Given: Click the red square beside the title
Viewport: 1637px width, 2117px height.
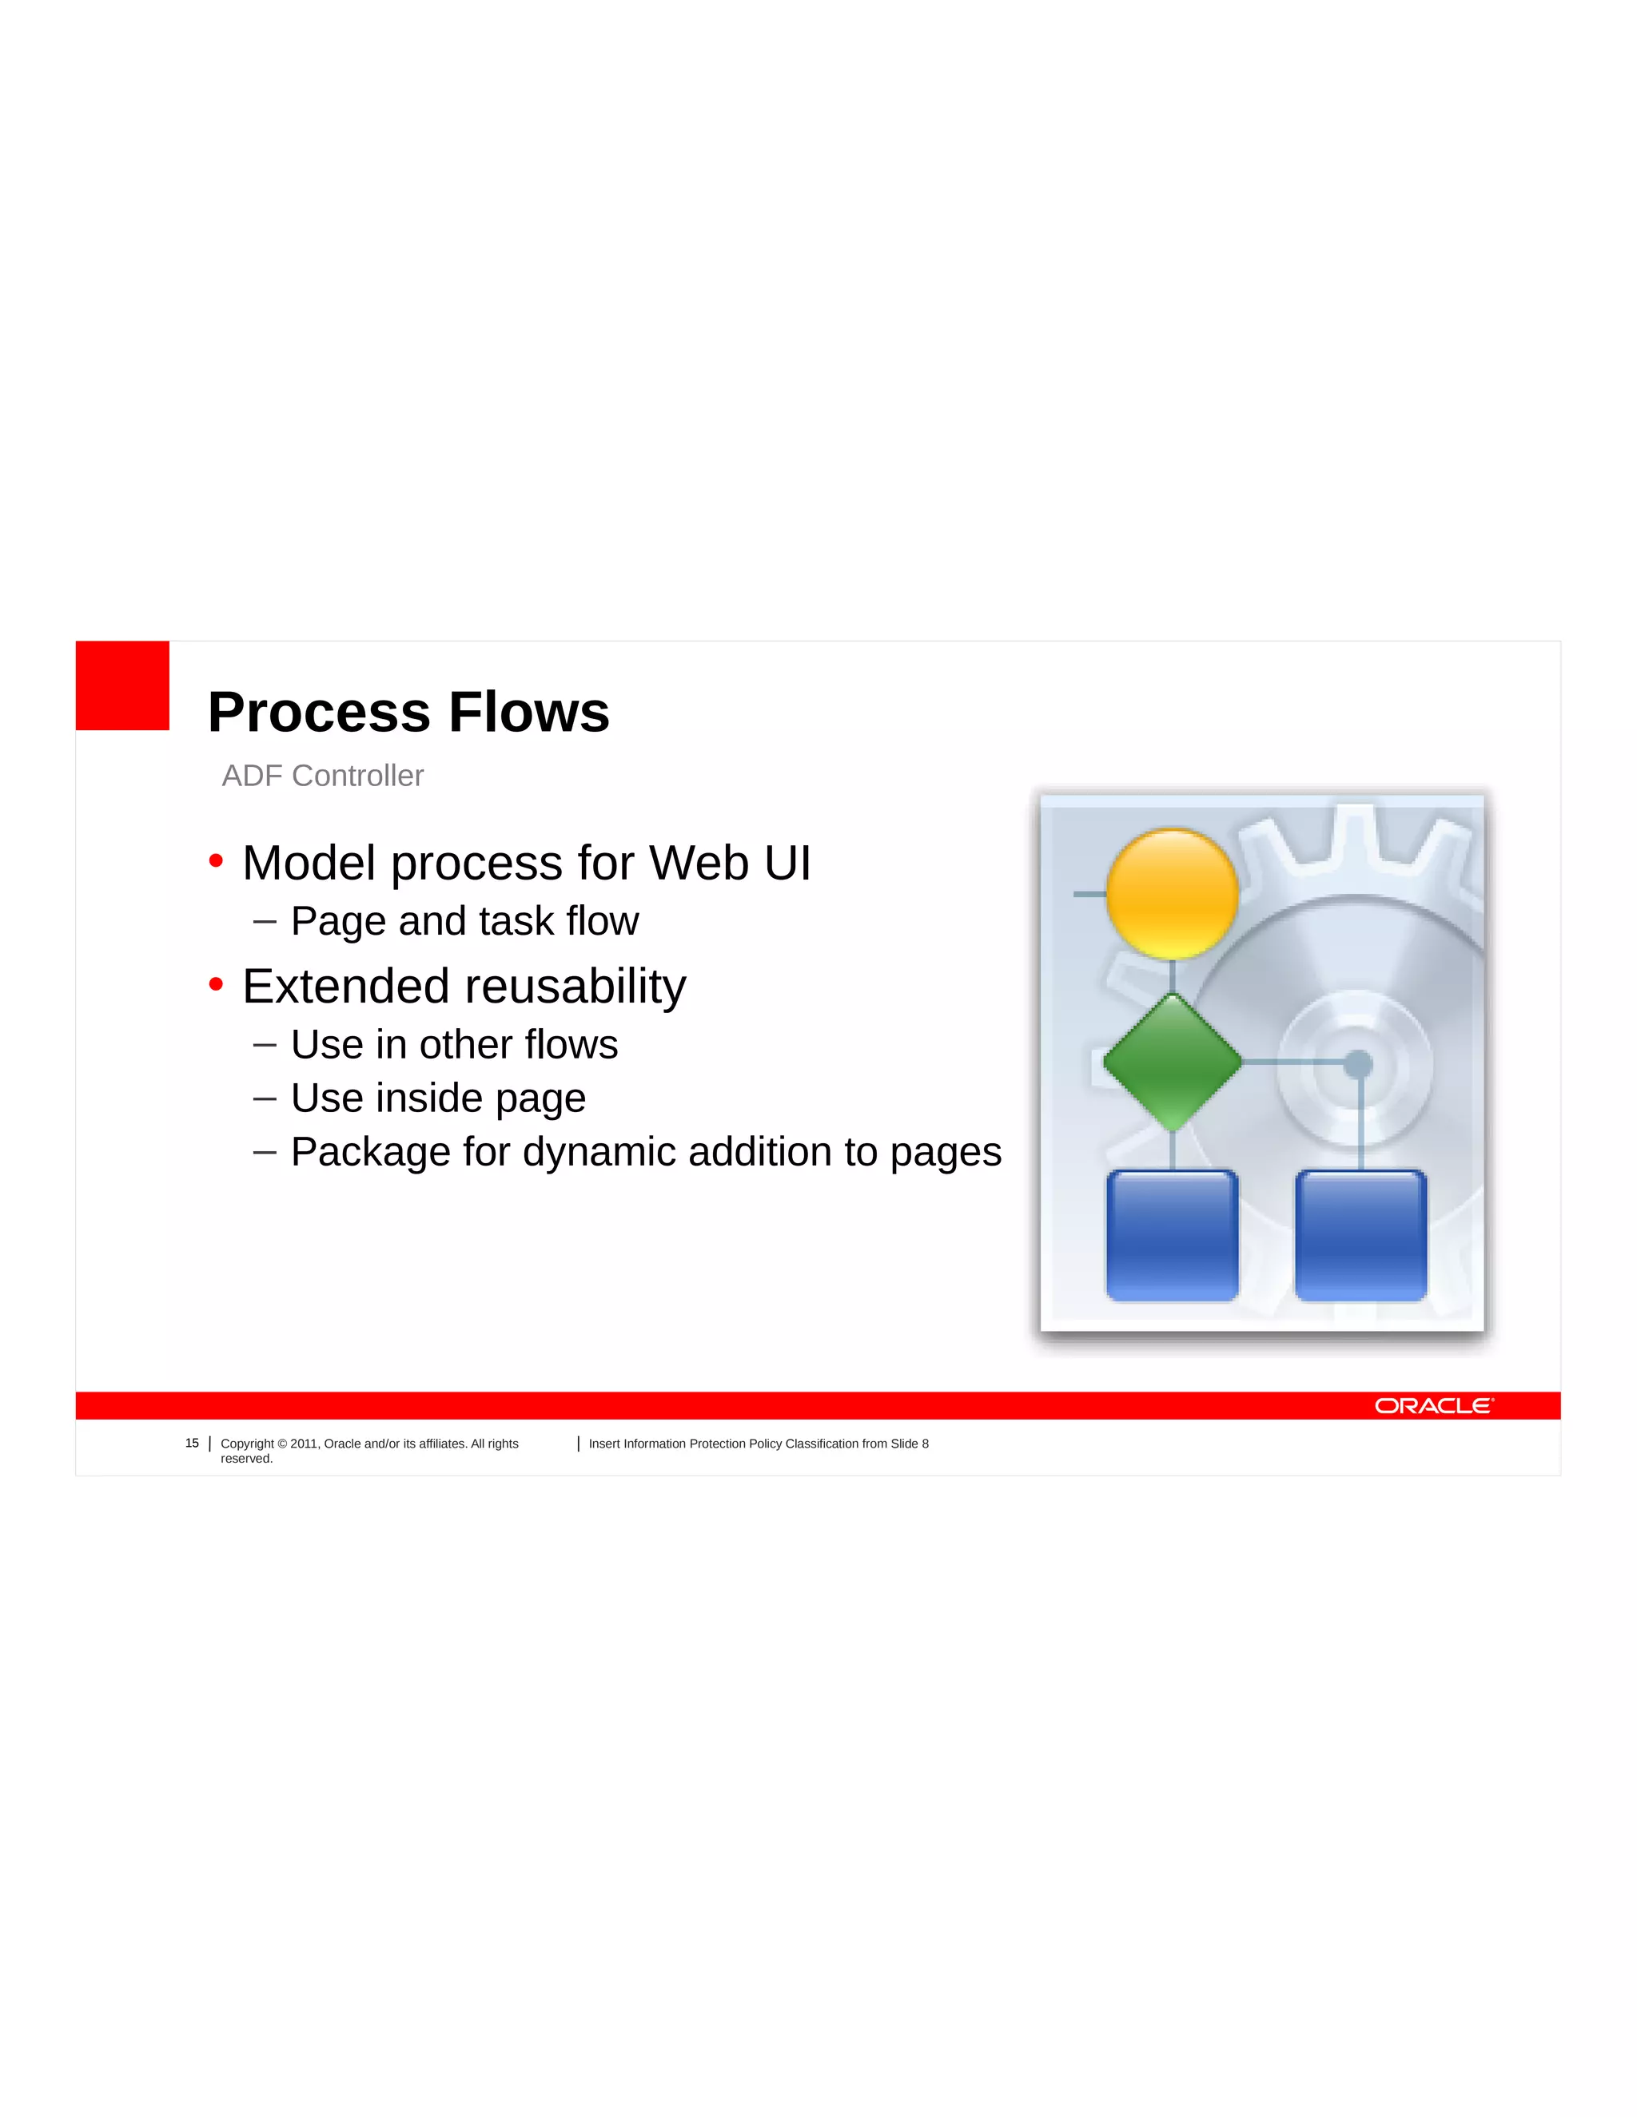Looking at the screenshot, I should click(122, 685).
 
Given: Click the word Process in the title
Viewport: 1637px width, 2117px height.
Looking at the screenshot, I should click(319, 713).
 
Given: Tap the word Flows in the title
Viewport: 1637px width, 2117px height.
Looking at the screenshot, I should click(528, 713).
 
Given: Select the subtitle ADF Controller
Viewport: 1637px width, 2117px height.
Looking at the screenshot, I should click(322, 776).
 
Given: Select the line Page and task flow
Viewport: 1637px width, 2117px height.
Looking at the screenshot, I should click(464, 921).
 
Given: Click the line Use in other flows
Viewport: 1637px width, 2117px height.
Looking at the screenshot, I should click(454, 1045).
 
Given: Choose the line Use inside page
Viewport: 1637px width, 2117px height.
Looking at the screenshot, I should click(438, 1098).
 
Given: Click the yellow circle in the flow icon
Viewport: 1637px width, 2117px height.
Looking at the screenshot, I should click(1172, 893).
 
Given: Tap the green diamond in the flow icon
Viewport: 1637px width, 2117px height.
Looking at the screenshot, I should click(1173, 1062).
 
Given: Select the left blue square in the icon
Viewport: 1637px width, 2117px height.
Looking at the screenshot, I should click(1172, 1235).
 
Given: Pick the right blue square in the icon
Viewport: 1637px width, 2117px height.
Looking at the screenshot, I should click(1360, 1235).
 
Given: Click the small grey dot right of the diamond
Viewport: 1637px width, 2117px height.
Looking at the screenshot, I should click(1358, 1063).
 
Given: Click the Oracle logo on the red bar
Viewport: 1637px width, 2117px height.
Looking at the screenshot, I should click(1433, 1405).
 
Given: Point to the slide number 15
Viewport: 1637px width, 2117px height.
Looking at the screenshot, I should click(192, 1444).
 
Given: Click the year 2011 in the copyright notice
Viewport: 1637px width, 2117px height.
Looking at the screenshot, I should click(304, 1444).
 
